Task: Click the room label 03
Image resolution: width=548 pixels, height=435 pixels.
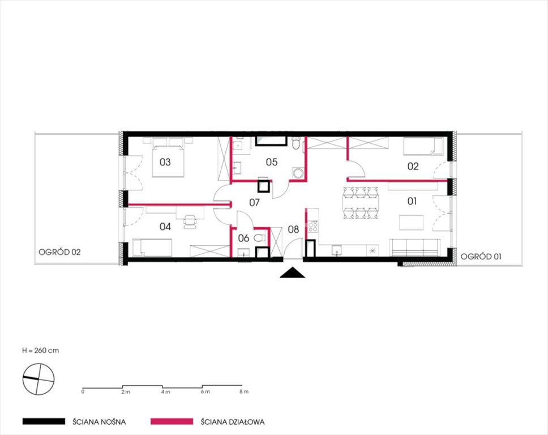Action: coord(165,162)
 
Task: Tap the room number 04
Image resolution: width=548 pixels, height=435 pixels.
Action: coord(165,227)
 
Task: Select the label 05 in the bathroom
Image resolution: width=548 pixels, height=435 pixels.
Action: coord(272,162)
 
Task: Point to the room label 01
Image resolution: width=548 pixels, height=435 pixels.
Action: coord(412,201)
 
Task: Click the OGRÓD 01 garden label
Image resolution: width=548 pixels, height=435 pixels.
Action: coord(481,257)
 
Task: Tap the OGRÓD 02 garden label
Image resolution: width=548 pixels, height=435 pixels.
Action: coord(59,252)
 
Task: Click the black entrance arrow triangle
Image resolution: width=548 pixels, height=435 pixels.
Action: coord(293,272)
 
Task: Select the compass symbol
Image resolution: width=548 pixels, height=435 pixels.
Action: coord(38,379)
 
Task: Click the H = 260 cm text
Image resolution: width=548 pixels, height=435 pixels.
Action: coord(41,351)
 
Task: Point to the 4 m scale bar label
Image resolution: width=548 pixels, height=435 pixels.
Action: coord(166,392)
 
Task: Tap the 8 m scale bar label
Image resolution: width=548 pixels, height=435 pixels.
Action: coord(244,391)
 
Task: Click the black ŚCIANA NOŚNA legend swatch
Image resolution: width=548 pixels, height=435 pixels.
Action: coord(44,421)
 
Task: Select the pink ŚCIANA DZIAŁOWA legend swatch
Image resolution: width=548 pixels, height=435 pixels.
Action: coord(172,421)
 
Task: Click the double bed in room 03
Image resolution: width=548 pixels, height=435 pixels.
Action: coord(168,161)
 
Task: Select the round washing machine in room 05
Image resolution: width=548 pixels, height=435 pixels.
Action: coord(298,173)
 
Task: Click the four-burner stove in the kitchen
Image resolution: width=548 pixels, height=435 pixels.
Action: coord(313,226)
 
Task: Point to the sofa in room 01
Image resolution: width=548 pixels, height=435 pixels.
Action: coord(414,248)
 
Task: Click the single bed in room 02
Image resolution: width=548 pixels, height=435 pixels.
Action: coord(423,147)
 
